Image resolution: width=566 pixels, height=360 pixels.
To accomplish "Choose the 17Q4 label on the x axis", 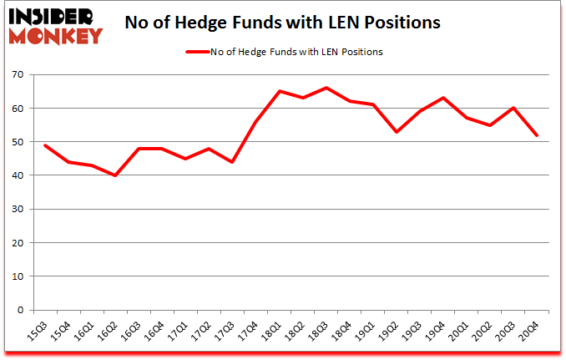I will point(250,332).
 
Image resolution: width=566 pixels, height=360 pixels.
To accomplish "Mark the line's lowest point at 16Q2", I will point(115,175).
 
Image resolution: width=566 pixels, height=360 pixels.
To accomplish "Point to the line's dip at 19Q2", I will point(397,132).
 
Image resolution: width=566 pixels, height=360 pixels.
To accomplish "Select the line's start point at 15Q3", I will point(44,145).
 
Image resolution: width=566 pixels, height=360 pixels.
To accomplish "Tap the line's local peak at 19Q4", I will point(444,98).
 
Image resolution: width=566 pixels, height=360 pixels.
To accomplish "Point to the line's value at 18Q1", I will point(280,91).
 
